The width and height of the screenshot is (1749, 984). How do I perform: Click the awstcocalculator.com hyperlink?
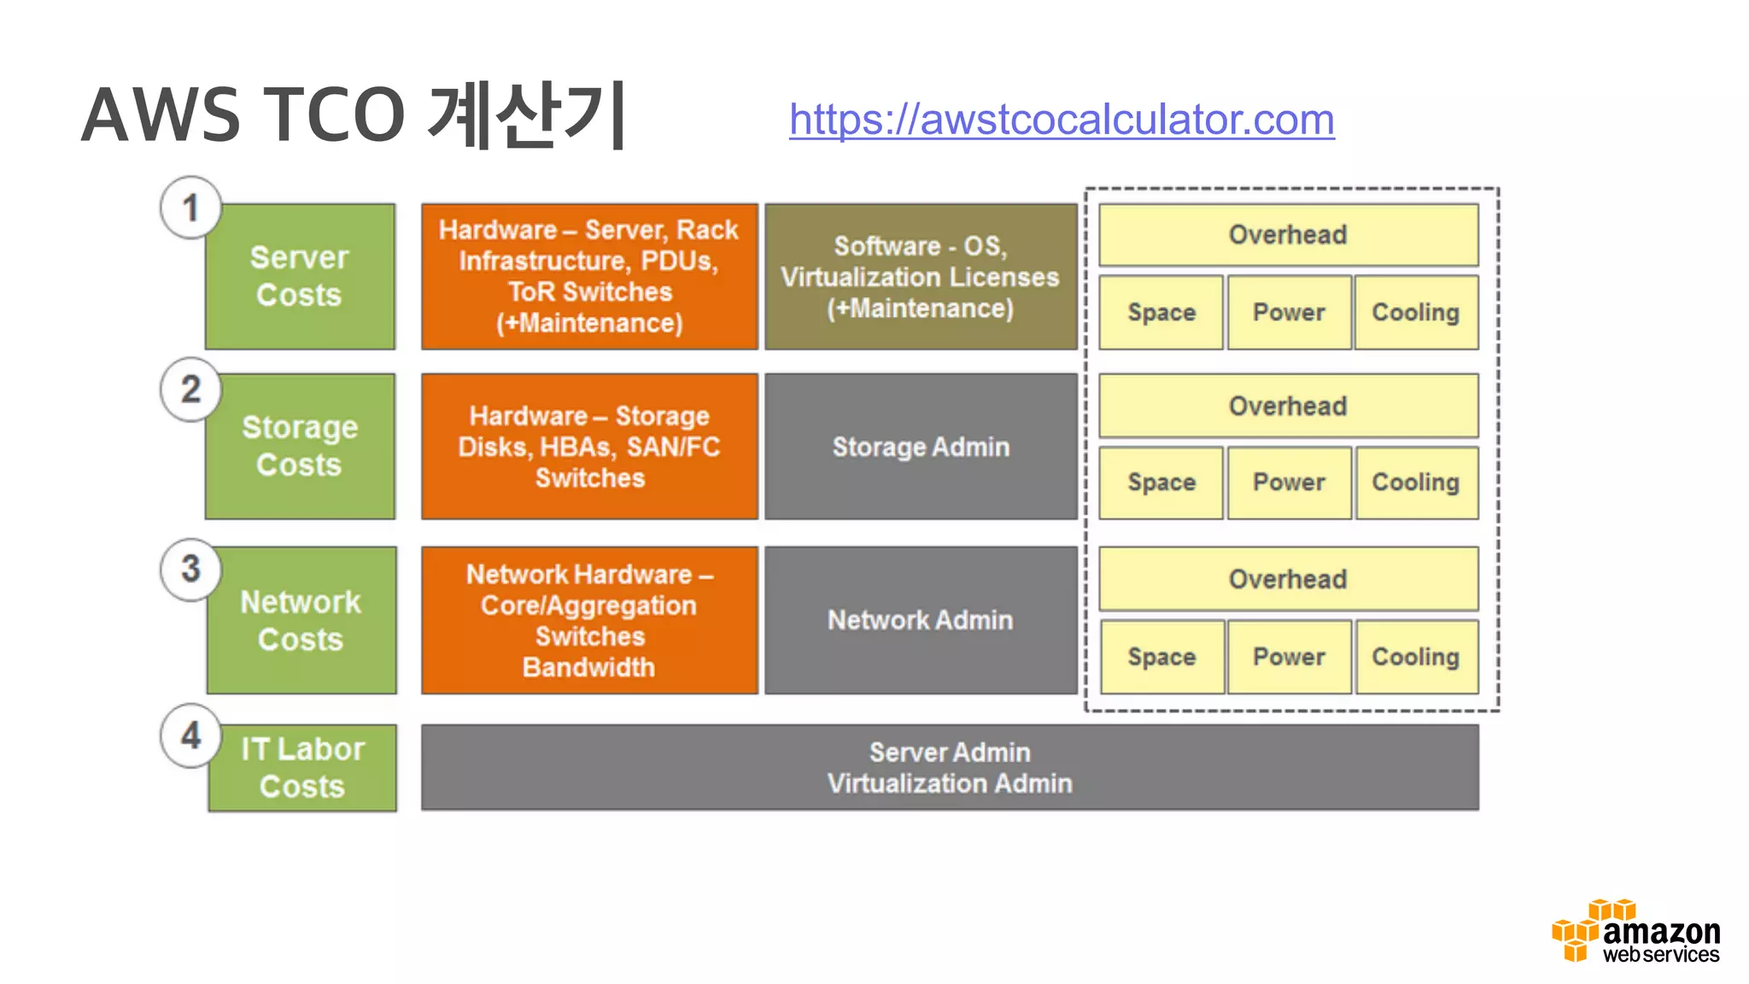click(1061, 120)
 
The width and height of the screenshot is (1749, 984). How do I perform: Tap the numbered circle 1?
click(191, 208)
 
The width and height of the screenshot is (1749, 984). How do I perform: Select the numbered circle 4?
click(191, 735)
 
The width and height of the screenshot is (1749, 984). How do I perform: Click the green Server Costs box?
click(300, 277)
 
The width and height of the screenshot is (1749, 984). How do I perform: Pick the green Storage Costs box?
click(300, 447)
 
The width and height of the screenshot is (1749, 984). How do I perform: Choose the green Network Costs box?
click(301, 621)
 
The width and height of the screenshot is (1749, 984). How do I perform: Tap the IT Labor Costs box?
click(302, 768)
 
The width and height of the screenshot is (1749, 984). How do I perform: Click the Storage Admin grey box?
click(921, 447)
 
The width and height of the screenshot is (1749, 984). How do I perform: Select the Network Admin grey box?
click(921, 620)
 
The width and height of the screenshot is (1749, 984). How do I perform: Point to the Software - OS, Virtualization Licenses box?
click(921, 277)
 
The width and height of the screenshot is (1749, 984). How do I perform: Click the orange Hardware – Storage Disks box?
click(589, 447)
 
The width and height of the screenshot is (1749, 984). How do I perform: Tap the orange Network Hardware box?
click(589, 620)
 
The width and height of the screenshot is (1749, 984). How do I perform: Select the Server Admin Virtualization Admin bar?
click(950, 768)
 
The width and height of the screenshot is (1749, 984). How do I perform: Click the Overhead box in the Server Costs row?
click(1288, 235)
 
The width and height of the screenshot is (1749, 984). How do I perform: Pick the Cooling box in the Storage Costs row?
click(1416, 483)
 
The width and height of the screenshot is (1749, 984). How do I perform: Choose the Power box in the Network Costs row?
click(1289, 657)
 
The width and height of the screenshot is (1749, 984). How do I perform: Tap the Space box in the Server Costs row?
click(1161, 313)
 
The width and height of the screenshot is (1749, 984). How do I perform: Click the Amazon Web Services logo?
click(1635, 933)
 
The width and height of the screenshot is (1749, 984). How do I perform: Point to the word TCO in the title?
click(334, 116)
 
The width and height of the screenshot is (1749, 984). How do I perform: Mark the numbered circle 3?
click(191, 569)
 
